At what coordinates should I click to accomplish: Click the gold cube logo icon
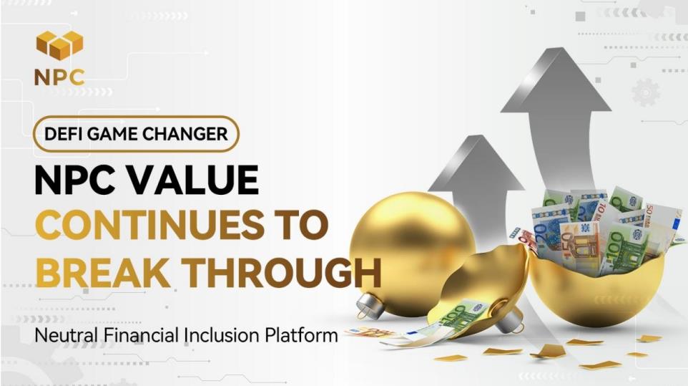59,45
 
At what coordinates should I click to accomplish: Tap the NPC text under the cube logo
59,78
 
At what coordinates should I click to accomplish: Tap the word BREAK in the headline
103,273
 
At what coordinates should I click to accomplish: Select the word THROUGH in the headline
281,273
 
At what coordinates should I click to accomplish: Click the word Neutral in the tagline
67,335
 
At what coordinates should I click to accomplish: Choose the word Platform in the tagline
301,335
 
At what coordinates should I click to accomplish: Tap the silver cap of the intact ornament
370,304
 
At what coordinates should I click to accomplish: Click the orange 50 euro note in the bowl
579,246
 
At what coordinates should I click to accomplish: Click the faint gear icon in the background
645,92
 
